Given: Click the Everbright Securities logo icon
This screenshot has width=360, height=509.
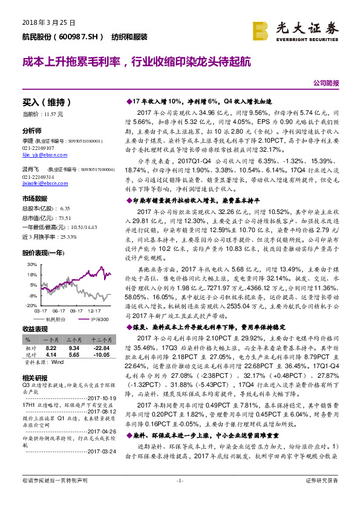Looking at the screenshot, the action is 260,30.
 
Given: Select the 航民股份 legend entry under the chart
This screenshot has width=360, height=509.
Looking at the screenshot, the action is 55,319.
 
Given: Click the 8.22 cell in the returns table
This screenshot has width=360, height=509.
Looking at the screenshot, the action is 51,349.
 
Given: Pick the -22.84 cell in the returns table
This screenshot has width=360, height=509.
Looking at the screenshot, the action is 100,349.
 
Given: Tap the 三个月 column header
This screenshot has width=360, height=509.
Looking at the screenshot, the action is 74,341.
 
